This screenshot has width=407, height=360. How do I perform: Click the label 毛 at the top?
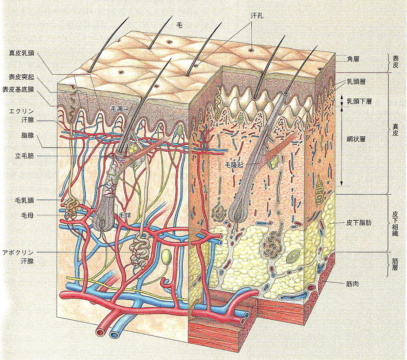pyautogui.click(x=179, y=25)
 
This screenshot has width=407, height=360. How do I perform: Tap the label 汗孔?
pyautogui.click(x=257, y=16)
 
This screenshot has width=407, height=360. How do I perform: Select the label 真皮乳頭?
pyautogui.click(x=22, y=54)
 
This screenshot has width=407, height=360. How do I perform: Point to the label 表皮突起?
pyautogui.click(x=22, y=77)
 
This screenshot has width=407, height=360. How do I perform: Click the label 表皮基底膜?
pyautogui.click(x=18, y=89)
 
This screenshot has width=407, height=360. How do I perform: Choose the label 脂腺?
pyautogui.click(x=28, y=135)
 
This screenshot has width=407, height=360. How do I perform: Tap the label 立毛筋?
pyautogui.click(x=25, y=156)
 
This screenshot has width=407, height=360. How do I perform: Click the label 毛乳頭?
pyautogui.click(x=25, y=200)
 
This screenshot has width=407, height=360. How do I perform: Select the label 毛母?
pyautogui.click(x=28, y=215)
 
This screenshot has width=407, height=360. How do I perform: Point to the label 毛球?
pyautogui.click(x=125, y=215)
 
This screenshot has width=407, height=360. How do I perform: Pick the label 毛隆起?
pyautogui.click(x=234, y=164)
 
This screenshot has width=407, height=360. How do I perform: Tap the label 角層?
pyautogui.click(x=353, y=59)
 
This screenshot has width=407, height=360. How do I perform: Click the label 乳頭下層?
pyautogui.click(x=359, y=101)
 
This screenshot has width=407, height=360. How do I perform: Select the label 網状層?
pyautogui.click(x=356, y=139)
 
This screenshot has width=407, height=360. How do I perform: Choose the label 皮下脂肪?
pyautogui.click(x=359, y=222)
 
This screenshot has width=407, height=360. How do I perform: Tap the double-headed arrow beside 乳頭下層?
pyautogui.click(x=342, y=101)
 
